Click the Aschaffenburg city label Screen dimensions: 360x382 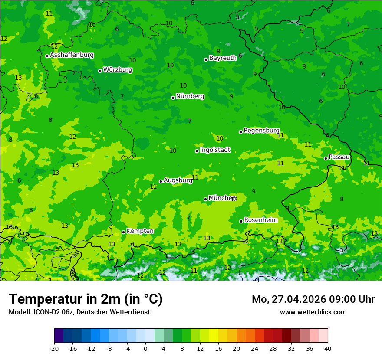[x=72, y=55]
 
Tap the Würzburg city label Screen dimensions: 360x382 [x=118, y=69]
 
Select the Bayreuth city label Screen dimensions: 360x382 [x=223, y=58]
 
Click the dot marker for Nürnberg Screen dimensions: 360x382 [x=173, y=98]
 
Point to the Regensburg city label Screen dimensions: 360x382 [x=261, y=130]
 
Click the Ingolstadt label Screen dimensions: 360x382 [x=215, y=150]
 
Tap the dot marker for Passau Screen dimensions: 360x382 [x=326, y=158]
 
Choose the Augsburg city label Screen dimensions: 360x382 [x=178, y=180]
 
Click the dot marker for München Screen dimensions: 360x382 [x=205, y=199]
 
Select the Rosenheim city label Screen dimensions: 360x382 [x=260, y=220]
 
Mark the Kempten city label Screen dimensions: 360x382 [x=140, y=231]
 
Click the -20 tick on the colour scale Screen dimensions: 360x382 [x=54, y=348]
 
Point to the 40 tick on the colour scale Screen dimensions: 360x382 [x=328, y=348]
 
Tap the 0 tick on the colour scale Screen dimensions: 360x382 [x=145, y=348]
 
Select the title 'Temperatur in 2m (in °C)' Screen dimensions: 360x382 [x=86, y=299]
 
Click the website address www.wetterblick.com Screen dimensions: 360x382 [x=313, y=312]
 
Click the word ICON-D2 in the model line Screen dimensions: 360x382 [x=44, y=312]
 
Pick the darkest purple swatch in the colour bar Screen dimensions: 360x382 [x=59, y=336]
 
